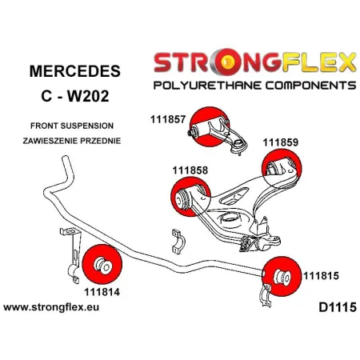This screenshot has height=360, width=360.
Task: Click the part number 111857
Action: [x=168, y=119]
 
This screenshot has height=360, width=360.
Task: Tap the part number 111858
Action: [x=190, y=170]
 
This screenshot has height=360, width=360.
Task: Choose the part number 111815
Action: [x=322, y=277]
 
